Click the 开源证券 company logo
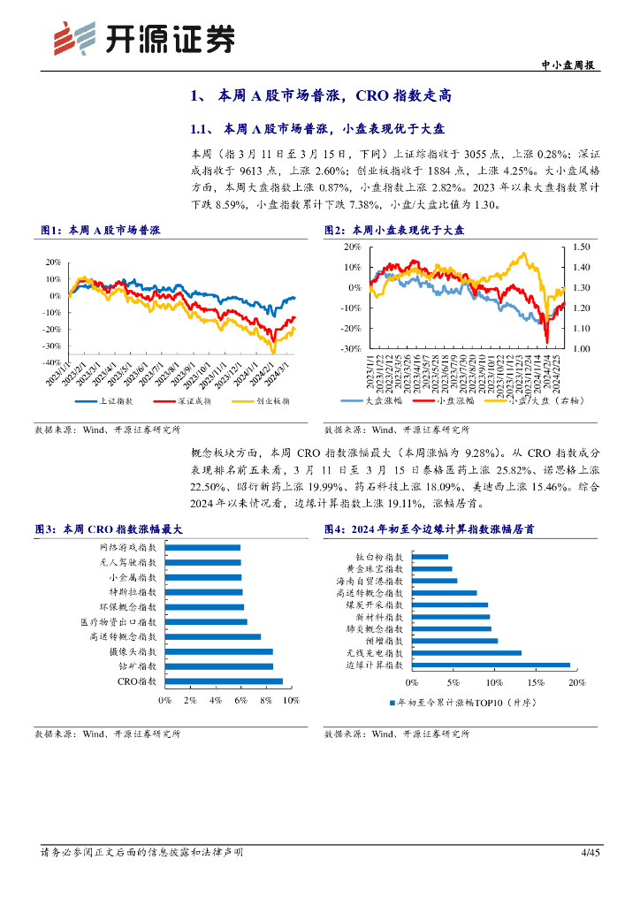click(x=145, y=37)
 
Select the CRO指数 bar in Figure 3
click(x=224, y=681)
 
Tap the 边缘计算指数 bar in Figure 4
click(x=491, y=665)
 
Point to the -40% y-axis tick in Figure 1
click(x=52, y=362)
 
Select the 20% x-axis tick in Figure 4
click(x=576, y=683)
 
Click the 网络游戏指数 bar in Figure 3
click(x=202, y=548)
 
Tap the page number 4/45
click(x=590, y=852)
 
